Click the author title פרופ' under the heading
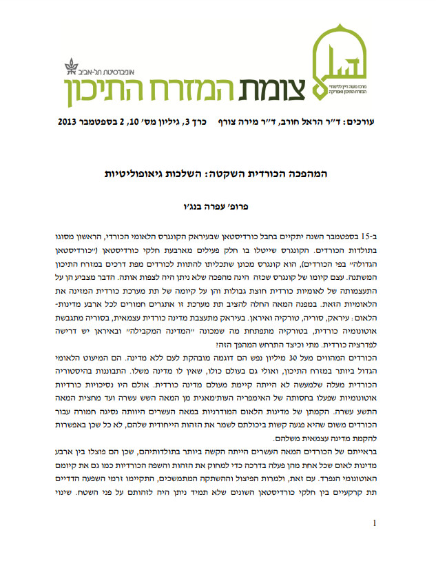[249, 206]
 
